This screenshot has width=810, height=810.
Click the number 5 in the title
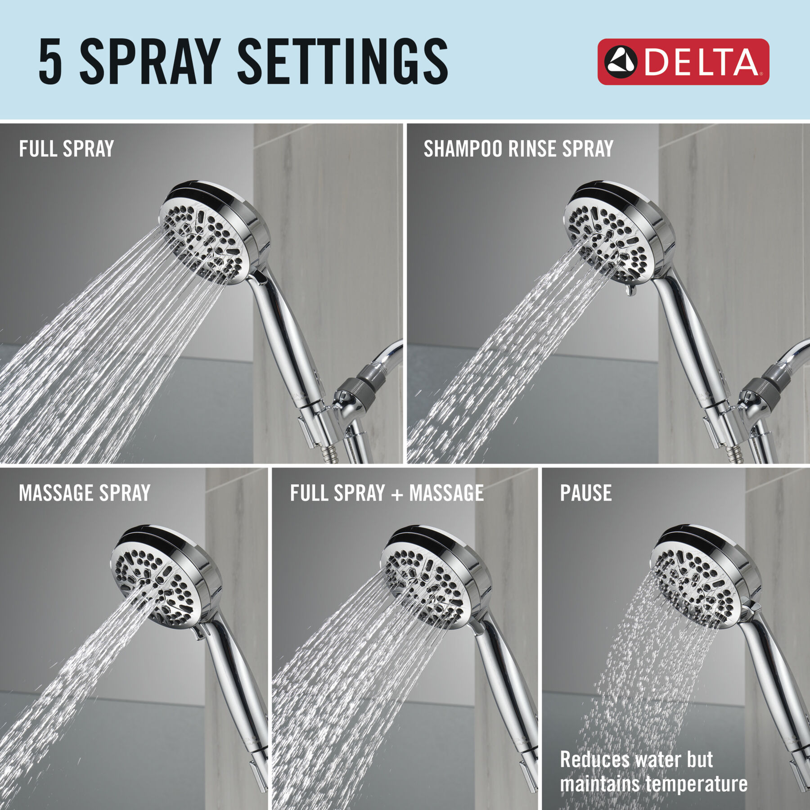pyautogui.click(x=50, y=62)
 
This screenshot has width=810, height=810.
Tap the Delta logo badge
pyautogui.click(x=683, y=62)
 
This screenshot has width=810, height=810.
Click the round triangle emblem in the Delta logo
pyautogui.click(x=621, y=62)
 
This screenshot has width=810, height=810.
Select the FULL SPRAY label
pyautogui.click(x=66, y=149)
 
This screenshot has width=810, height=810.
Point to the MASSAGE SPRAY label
pyautogui.click(x=85, y=493)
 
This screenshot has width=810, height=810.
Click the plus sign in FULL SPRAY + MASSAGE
pyautogui.click(x=397, y=494)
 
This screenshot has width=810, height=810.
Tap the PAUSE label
pyautogui.click(x=585, y=493)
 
